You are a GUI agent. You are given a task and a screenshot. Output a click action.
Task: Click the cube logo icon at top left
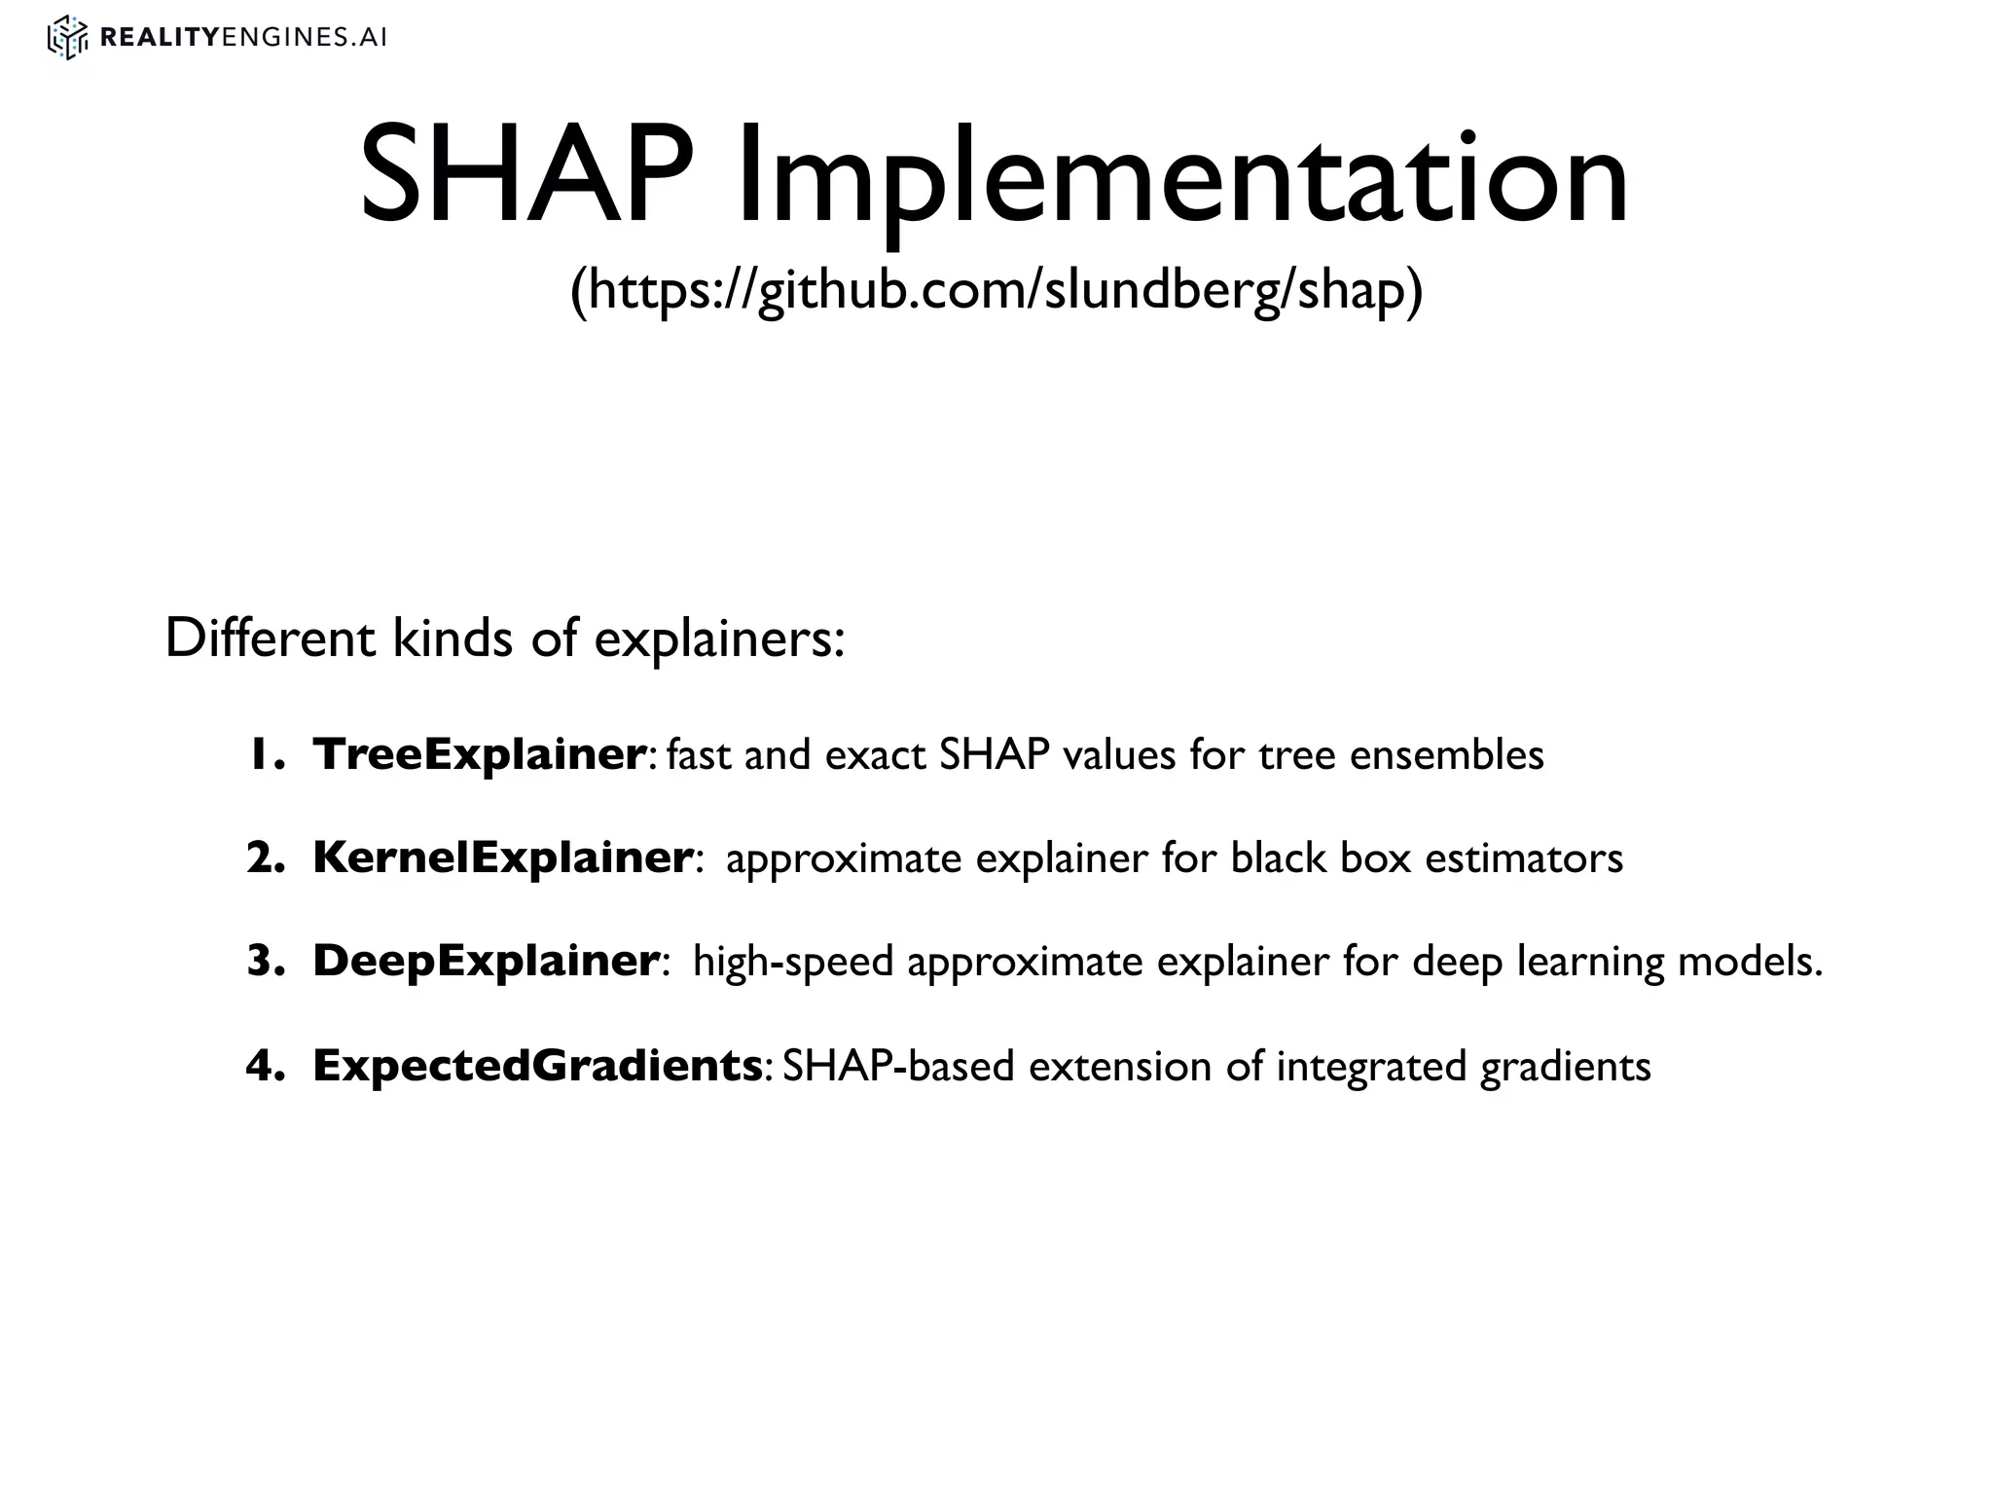[67, 38]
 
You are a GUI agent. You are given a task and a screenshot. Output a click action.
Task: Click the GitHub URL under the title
[996, 289]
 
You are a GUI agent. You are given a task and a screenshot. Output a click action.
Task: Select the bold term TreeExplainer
[478, 754]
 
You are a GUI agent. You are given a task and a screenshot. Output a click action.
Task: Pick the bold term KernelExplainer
[502, 857]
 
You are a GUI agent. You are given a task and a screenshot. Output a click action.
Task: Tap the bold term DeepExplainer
[486, 962]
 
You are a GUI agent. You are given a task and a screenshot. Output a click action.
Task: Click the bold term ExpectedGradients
[537, 1066]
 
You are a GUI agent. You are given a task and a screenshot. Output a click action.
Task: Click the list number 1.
[261, 754]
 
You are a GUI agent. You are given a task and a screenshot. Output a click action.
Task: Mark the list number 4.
[263, 1066]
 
